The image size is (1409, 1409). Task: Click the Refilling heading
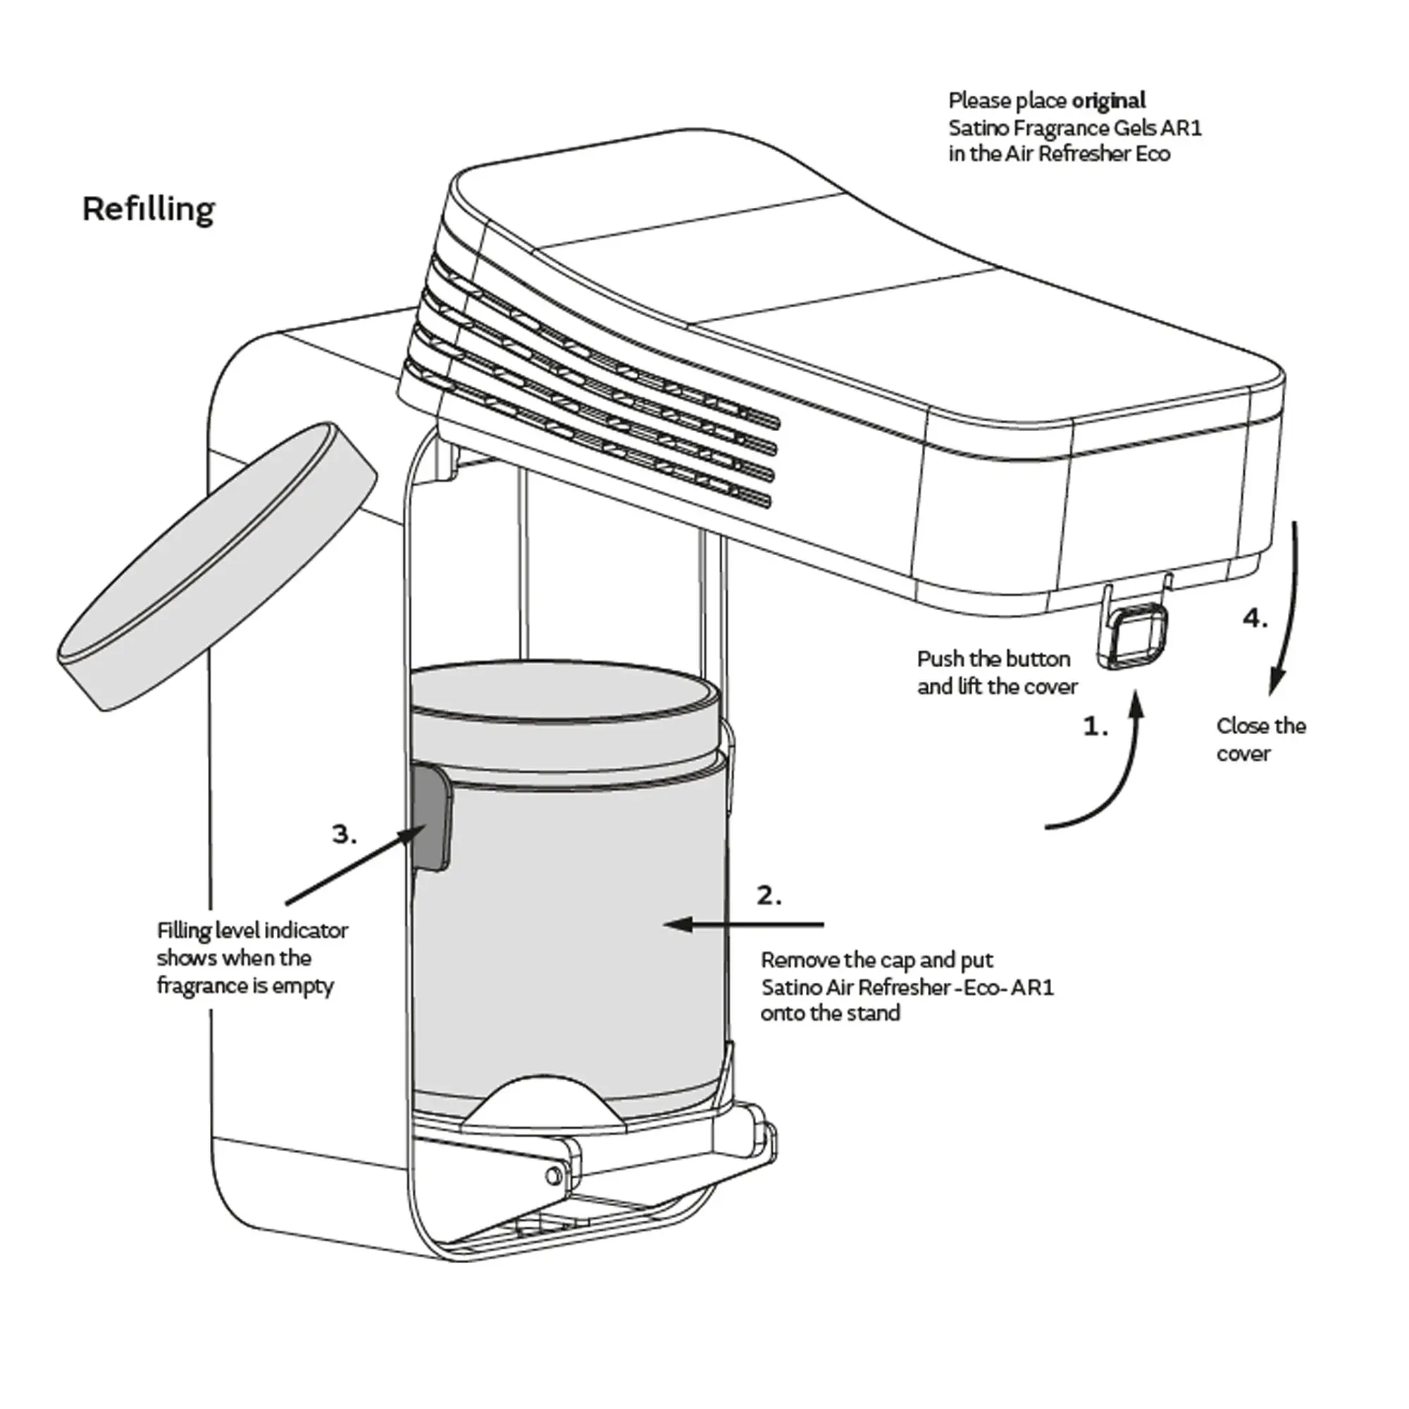(148, 209)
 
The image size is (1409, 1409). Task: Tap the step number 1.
(1095, 726)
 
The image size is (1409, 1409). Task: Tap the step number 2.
(769, 895)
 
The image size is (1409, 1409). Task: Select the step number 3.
(345, 833)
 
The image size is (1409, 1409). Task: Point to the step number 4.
(1255, 619)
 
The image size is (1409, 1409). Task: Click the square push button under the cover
(1138, 635)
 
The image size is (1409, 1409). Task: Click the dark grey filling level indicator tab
(430, 817)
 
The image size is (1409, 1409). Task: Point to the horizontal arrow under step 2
(744, 925)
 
